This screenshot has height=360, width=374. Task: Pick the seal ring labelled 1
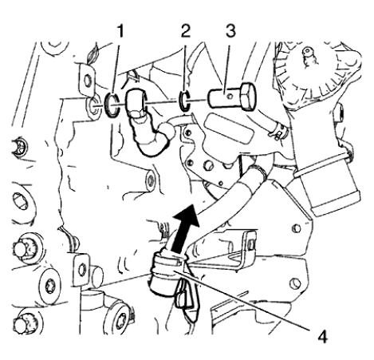112,104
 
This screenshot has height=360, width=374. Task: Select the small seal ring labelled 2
184,101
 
